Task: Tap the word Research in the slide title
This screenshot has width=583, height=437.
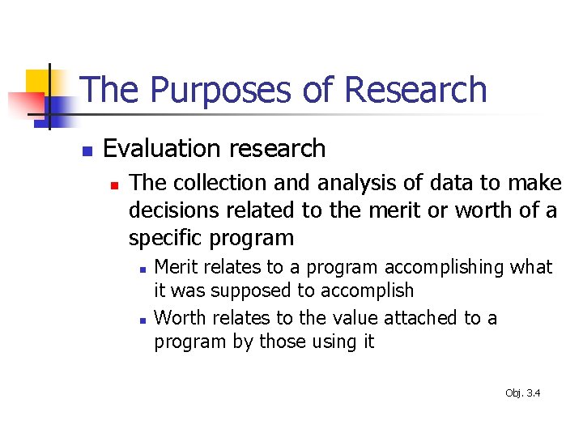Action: (415, 91)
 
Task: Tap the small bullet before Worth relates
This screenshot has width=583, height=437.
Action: (141, 320)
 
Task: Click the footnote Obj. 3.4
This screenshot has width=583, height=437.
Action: (522, 393)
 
